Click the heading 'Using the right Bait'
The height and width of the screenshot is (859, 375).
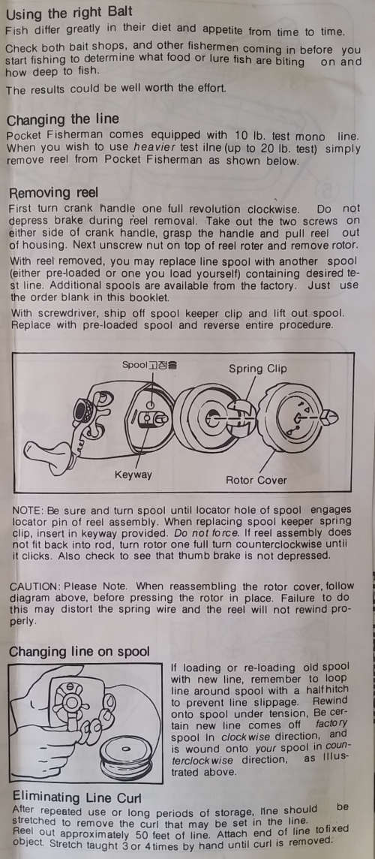(69, 11)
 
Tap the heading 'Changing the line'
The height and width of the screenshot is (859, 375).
(62, 119)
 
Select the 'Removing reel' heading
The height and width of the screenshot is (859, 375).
(54, 192)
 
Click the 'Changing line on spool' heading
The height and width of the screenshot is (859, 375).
(79, 652)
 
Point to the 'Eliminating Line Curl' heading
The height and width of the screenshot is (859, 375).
(76, 796)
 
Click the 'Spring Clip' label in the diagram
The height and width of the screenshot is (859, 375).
(257, 369)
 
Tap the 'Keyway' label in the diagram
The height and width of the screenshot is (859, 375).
(133, 475)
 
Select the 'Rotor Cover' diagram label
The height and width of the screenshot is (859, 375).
(256, 481)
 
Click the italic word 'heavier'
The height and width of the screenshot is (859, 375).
(153, 149)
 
